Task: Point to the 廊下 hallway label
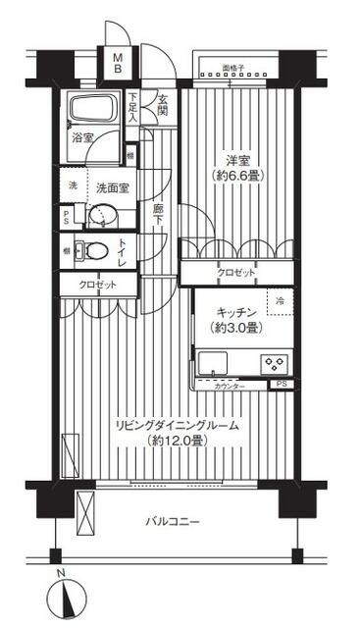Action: [157, 213]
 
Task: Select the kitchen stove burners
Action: [271, 362]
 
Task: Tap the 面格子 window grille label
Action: [232, 70]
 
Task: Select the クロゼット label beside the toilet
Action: [95, 285]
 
